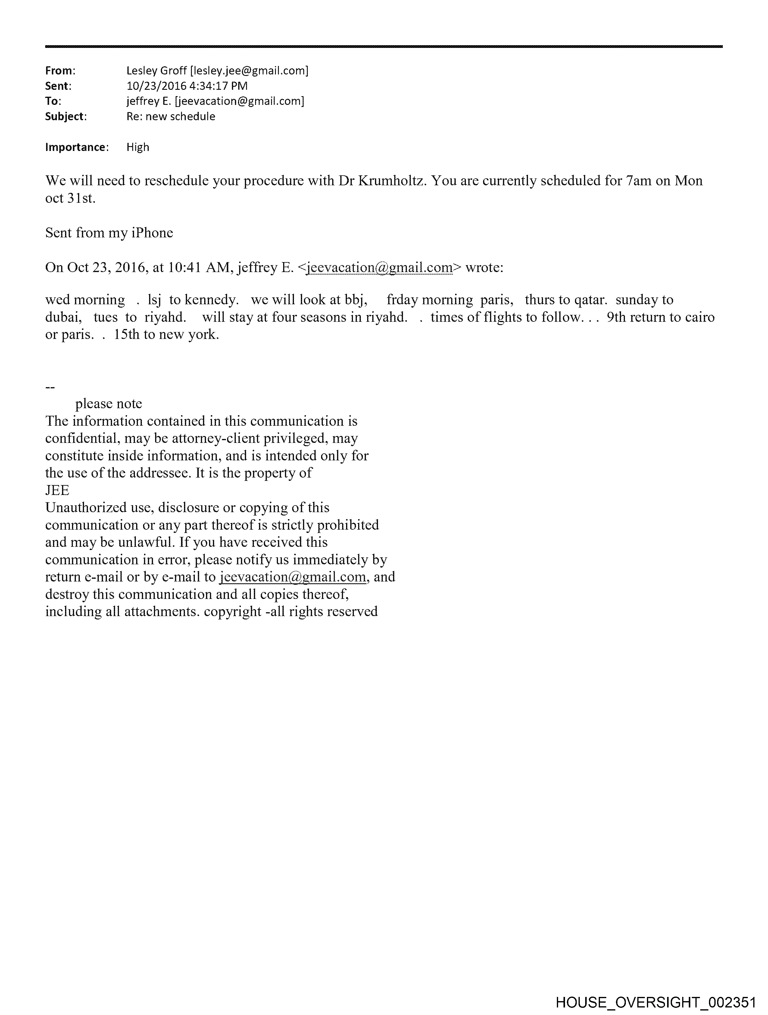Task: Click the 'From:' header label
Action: (x=60, y=71)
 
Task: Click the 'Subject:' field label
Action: (x=66, y=117)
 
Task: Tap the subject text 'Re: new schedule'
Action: (x=171, y=117)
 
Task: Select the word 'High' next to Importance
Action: (x=138, y=147)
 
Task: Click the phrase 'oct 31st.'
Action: (x=70, y=199)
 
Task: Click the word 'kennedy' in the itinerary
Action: (x=211, y=300)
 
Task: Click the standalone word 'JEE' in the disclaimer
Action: (x=57, y=490)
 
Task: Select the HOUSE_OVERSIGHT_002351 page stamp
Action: (x=656, y=1002)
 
